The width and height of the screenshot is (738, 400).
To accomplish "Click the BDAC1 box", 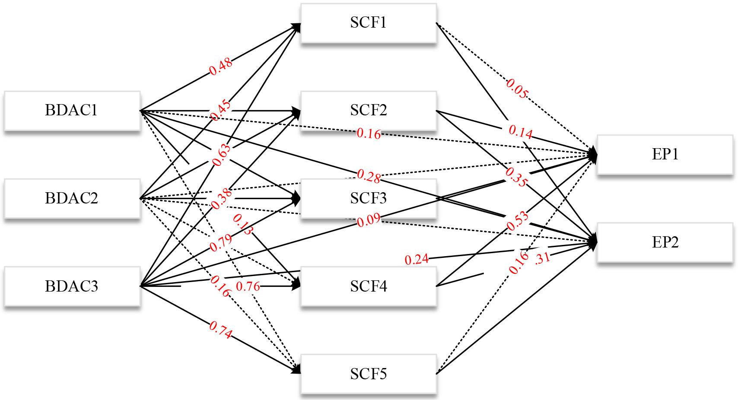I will [72, 111].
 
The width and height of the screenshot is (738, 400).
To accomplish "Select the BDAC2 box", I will [72, 198].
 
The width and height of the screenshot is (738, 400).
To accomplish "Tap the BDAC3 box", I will [72, 286].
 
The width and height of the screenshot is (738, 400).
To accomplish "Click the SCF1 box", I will [368, 23].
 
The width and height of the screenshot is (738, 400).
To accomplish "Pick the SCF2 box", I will [368, 111].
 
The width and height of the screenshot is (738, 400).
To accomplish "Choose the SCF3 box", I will [368, 198].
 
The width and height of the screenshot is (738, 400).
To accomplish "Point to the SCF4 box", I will [368, 286].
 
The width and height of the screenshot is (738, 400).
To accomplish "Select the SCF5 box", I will [368, 374].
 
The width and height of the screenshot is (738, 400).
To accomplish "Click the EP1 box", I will [665, 155].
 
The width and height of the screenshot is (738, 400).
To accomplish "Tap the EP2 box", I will [665, 242].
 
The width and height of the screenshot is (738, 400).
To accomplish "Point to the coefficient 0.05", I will [517, 89].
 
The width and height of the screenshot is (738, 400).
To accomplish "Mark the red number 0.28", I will [369, 176].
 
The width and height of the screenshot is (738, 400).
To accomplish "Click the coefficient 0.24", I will [417, 259].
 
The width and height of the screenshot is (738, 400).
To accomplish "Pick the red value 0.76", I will [248, 286].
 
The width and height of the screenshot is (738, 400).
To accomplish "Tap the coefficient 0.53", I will [518, 219].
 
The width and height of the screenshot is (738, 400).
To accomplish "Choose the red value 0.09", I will [369, 220].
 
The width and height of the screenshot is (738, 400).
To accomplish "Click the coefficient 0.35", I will [515, 178].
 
